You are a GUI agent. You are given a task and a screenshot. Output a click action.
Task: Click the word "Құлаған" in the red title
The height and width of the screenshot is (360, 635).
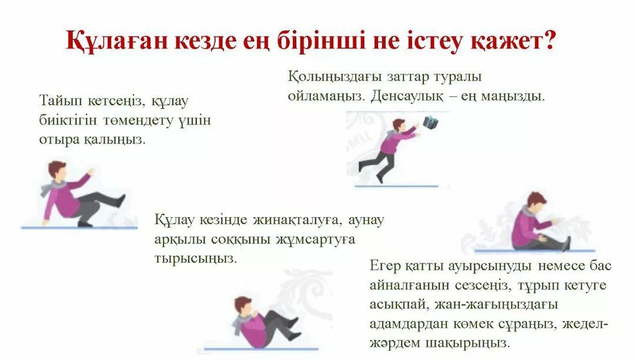[x=116, y=41]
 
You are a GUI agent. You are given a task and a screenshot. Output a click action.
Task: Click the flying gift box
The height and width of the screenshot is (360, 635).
[x=431, y=123]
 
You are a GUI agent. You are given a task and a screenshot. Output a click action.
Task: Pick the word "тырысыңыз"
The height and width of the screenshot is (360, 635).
[x=196, y=259]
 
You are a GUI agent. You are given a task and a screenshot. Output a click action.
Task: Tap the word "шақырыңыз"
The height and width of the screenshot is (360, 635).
[x=468, y=344]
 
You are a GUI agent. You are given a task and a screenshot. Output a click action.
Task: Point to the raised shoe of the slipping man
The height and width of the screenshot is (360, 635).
[x=121, y=201]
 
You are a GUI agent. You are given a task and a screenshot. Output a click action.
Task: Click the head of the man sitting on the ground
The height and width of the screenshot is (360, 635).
[x=537, y=201]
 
